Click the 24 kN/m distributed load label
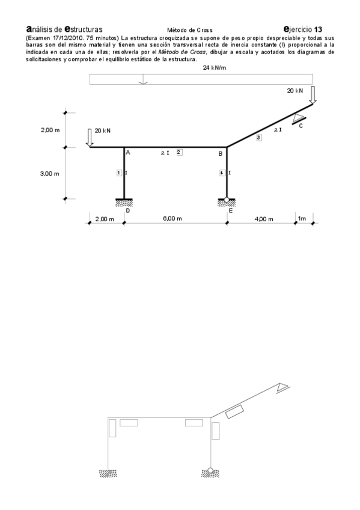coord(215,68)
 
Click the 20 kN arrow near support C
coord(313,95)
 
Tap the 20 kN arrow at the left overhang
coord(90,138)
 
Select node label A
coord(128,153)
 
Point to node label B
coord(221,153)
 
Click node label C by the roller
coord(301,126)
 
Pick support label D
coord(127,210)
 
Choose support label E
coord(230,210)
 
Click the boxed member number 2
coord(179,152)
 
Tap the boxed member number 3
coord(258,138)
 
